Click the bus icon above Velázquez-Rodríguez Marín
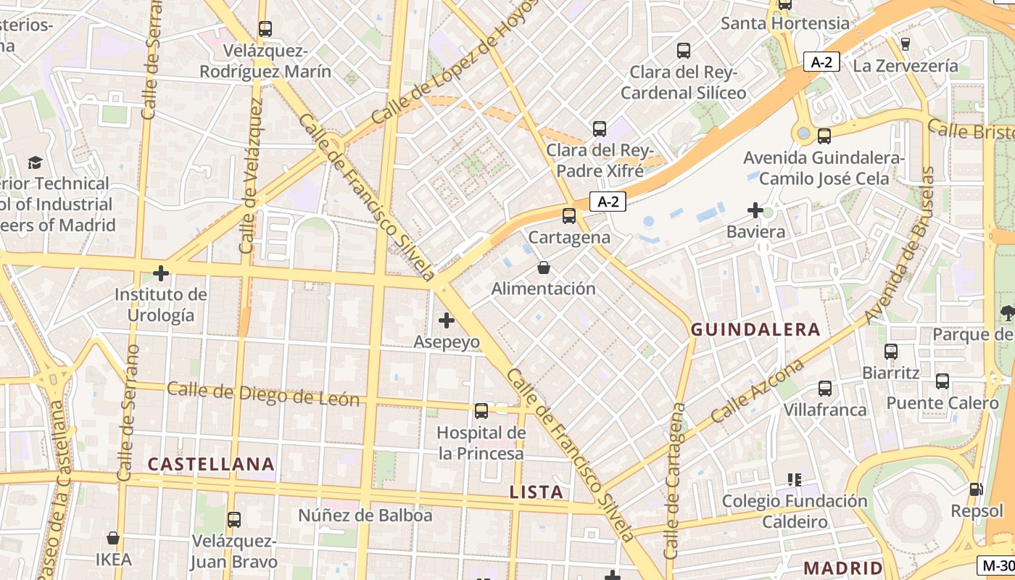[x=265, y=29]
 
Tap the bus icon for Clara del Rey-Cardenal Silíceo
[x=683, y=50]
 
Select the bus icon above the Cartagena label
[x=569, y=215]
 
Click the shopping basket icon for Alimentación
[x=544, y=268]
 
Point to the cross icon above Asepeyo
[x=447, y=320]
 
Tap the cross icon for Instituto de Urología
[x=161, y=273]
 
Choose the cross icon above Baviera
[x=755, y=210]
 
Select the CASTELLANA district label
[x=211, y=464]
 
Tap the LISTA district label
[x=536, y=492]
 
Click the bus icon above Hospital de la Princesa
[x=481, y=411]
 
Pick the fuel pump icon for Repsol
[x=977, y=489]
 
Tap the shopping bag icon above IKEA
[x=113, y=538]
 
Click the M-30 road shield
[x=995, y=565]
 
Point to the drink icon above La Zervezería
[x=905, y=43]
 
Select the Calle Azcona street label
[x=757, y=391]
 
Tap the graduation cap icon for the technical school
[x=35, y=162]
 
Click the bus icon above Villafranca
[x=825, y=388]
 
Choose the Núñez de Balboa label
[x=365, y=515]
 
